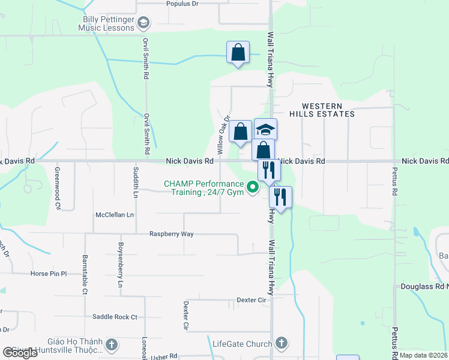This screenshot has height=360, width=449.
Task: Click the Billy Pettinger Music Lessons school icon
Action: [143, 24]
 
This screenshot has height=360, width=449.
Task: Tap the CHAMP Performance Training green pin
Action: [253, 188]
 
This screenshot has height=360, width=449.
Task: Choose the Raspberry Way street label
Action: [171, 234]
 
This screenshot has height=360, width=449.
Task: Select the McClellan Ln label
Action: [115, 214]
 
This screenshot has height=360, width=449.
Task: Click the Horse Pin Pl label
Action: [48, 274]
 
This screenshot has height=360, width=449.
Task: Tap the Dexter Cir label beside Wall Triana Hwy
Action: [251, 299]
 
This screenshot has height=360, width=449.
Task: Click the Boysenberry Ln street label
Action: [121, 264]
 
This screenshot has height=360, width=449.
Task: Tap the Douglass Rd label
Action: [424, 287]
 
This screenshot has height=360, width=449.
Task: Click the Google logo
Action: [20, 353]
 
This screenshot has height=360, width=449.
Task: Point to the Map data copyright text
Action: [424, 355]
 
